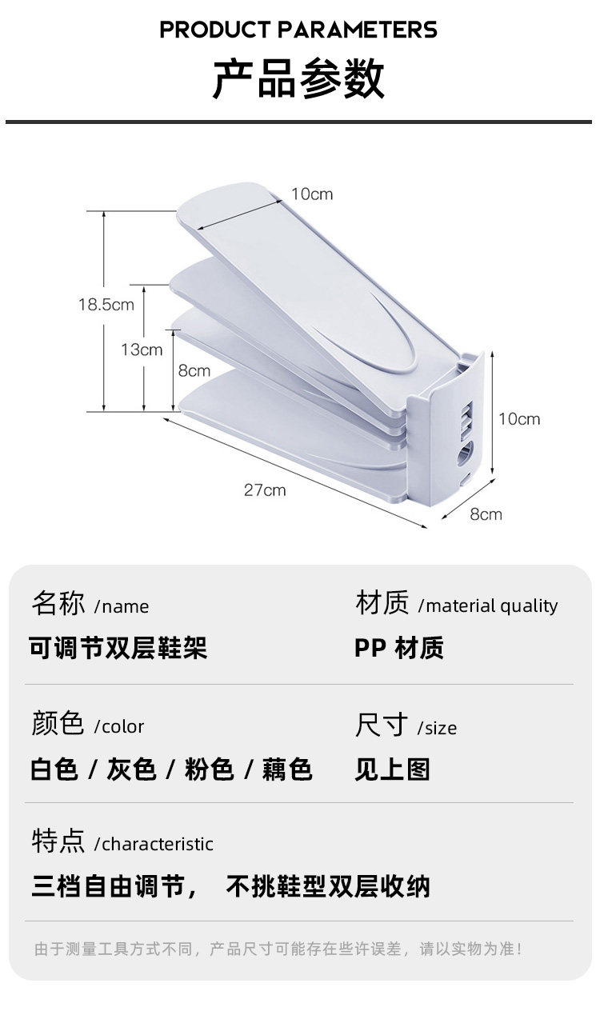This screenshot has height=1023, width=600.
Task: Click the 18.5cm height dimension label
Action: (x=106, y=305)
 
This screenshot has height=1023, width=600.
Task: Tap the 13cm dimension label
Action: (x=142, y=350)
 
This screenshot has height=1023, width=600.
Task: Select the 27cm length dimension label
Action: (x=265, y=490)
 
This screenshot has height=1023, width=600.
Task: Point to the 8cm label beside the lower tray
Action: (x=194, y=370)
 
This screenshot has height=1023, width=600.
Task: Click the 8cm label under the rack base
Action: (x=486, y=514)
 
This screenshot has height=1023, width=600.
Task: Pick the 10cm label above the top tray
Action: (x=311, y=194)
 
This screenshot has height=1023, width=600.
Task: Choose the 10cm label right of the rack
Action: (x=519, y=419)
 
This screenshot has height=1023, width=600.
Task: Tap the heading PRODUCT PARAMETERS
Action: (x=298, y=30)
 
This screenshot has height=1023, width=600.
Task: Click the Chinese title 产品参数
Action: (x=298, y=79)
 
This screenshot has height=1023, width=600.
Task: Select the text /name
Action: (x=122, y=607)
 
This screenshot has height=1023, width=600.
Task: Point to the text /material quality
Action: (x=488, y=606)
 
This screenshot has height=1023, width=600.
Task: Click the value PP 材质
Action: (x=399, y=648)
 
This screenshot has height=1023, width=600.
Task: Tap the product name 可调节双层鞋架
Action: (x=118, y=648)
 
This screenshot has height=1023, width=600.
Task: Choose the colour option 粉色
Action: (x=209, y=769)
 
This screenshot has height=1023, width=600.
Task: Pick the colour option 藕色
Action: (x=287, y=769)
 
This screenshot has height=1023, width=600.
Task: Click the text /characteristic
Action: (x=154, y=845)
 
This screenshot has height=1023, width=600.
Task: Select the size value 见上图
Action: (x=393, y=769)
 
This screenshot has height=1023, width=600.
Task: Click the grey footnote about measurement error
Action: (x=278, y=949)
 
